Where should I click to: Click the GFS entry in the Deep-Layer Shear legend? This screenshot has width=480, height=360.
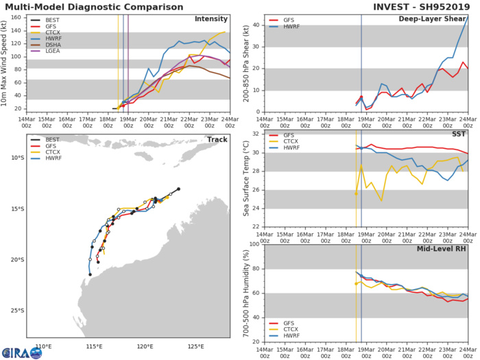click(x=286, y=21)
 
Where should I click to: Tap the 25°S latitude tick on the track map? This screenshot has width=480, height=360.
click(x=17, y=311)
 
